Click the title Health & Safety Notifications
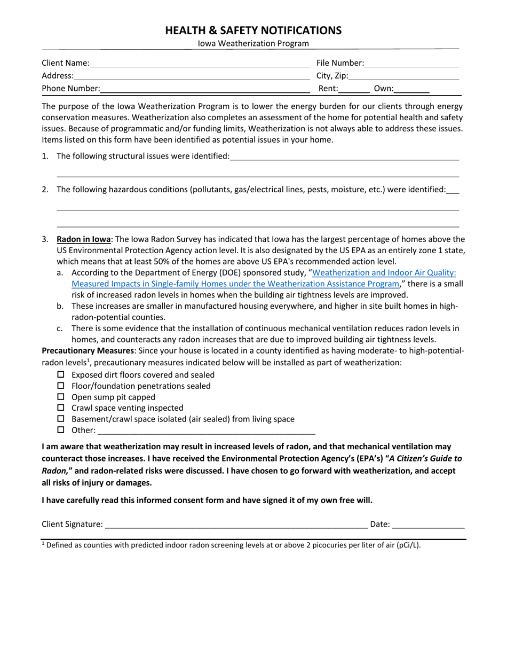[253, 30]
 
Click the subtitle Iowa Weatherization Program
[253, 44]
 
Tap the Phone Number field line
[205, 89]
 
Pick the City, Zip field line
[403, 77]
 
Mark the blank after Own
[412, 90]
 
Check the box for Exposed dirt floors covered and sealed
[60, 374]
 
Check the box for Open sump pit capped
[60, 397]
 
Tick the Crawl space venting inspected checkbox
[60, 408]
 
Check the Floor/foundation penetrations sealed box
[60, 386]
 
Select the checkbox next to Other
[60, 429]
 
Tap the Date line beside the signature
[428, 525]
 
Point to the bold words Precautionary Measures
[88, 350]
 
